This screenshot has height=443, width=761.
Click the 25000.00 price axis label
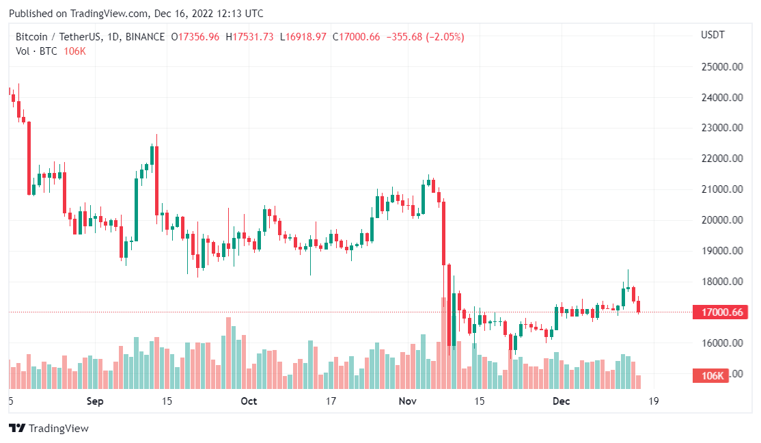[x=721, y=67]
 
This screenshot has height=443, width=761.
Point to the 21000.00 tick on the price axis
[x=721, y=189]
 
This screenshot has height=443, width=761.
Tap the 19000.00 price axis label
[x=721, y=251]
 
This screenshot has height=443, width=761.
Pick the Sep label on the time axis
[x=95, y=401]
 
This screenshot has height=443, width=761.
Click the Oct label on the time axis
[x=249, y=401]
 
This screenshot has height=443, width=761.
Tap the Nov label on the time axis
[x=408, y=401]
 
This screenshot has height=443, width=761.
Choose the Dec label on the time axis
[x=562, y=401]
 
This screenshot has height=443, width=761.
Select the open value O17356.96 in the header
[x=195, y=37]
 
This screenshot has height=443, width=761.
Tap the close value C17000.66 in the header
[x=356, y=37]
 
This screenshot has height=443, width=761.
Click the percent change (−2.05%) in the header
[x=445, y=37]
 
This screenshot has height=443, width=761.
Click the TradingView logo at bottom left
[x=49, y=429]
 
